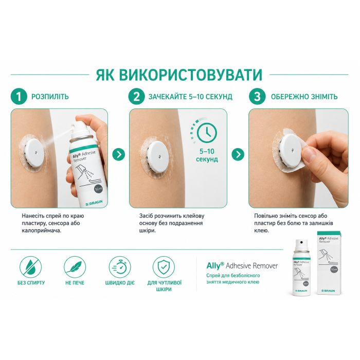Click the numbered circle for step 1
(19, 97)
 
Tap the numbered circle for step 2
(137, 97)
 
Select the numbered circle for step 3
(257, 97)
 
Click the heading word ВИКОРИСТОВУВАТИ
(191, 75)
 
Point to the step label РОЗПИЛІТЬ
(50, 97)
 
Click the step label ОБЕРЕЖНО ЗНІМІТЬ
(304, 97)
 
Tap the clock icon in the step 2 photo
(207, 133)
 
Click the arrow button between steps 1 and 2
(119, 154)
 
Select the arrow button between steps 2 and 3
(238, 154)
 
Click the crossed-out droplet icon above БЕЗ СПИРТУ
(30, 267)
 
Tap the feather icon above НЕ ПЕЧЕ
(75, 267)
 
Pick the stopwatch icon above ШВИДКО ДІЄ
(120, 267)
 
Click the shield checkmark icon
(164, 267)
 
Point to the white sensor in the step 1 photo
(34, 153)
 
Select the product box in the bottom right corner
(329, 263)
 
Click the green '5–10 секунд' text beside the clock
(207, 155)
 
